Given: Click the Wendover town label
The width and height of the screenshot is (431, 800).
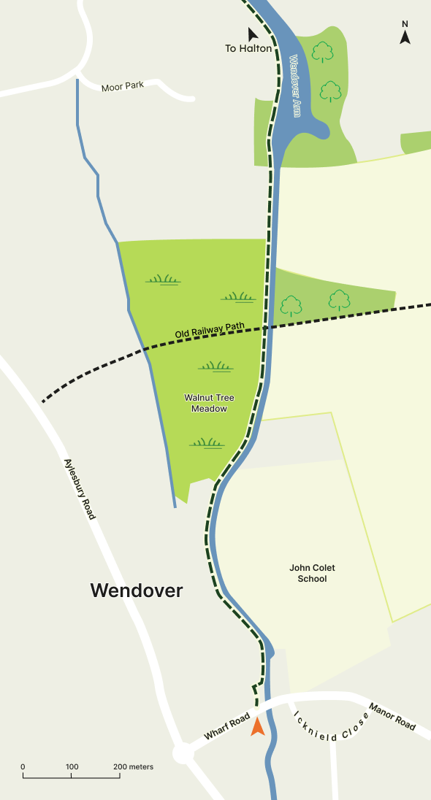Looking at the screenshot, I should (137, 591).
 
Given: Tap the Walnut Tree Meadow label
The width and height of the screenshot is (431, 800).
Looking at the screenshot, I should (209, 403).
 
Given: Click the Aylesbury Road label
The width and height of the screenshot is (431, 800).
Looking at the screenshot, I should (80, 488).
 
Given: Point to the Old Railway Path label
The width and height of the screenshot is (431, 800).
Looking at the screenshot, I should (210, 331).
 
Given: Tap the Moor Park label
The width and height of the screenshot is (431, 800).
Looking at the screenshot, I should (123, 85).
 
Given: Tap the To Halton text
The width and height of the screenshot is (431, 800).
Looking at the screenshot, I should (248, 49).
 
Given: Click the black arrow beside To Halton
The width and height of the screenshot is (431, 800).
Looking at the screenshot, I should (253, 34).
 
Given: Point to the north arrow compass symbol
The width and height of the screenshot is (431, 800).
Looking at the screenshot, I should (405, 34).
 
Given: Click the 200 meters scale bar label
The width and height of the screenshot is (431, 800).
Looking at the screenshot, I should (134, 767).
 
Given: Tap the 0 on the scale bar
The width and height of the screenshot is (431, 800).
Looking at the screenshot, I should (23, 767).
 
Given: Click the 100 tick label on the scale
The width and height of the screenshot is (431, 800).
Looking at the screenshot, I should (72, 767).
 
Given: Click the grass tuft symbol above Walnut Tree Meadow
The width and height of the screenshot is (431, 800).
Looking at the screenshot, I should (215, 366).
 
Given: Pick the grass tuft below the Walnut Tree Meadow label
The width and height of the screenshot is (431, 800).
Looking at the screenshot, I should (207, 442).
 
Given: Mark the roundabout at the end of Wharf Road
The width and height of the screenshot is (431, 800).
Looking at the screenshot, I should (183, 754).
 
